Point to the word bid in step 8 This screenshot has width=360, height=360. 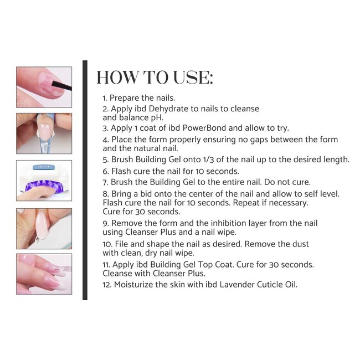click(146, 193)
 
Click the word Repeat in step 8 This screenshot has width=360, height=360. click(248, 202)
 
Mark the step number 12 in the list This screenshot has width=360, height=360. click(107, 285)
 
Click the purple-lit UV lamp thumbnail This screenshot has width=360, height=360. click(44, 180)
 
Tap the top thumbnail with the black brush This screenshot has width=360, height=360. click(44, 87)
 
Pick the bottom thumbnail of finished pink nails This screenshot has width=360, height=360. click(44, 274)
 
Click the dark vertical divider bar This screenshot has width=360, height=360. click(85, 180)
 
